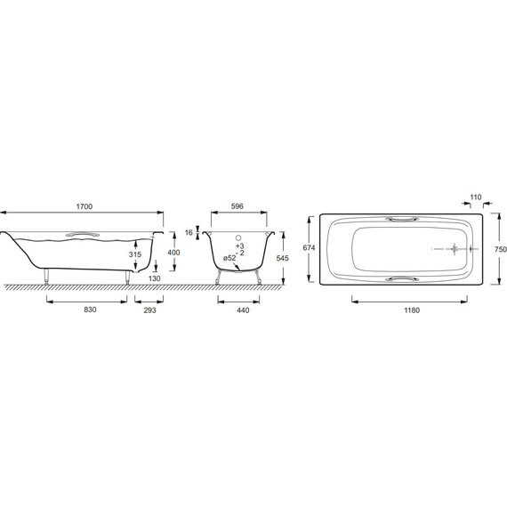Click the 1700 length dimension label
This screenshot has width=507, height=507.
pos(84,206)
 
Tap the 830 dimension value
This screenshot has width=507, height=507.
pos(90,310)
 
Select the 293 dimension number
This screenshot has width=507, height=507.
pos(149,310)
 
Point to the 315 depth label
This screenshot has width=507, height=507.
pos(135,254)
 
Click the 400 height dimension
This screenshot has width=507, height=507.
pos(173,253)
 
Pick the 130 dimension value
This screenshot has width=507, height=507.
pos(154,278)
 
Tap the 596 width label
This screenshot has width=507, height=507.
pos(237,206)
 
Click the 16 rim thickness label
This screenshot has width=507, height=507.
pos(189,232)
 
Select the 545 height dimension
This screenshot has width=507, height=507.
pos(282,258)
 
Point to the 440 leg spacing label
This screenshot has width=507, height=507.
pos(243,310)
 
